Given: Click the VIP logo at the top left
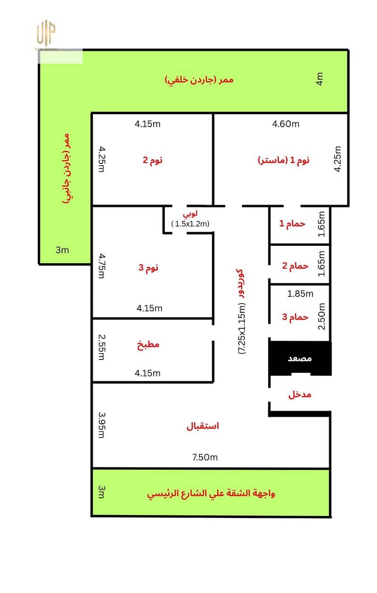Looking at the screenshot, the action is click(x=46, y=33).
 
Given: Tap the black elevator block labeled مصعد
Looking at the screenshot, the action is click(x=300, y=358).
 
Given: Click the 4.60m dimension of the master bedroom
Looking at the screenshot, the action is click(x=286, y=124).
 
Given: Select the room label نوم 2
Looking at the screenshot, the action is click(x=153, y=160).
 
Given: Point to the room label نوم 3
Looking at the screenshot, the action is click(x=148, y=267).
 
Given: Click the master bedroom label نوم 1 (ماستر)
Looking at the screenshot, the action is click(x=283, y=160).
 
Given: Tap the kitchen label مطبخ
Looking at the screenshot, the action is click(x=148, y=344).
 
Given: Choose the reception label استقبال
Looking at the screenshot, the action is click(x=203, y=426).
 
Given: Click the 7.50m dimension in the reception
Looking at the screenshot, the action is click(x=205, y=457).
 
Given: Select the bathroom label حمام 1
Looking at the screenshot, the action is click(x=292, y=224).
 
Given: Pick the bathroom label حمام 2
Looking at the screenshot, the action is click(x=295, y=266).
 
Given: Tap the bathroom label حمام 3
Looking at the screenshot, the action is click(x=295, y=317).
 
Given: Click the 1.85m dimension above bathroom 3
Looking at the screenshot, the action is click(x=300, y=294).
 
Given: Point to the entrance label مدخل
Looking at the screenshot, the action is click(x=300, y=395).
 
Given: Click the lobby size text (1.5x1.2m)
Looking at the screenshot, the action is click(x=190, y=224).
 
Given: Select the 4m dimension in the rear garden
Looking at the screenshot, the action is click(x=320, y=79).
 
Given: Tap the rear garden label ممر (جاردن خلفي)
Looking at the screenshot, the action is click(x=199, y=80).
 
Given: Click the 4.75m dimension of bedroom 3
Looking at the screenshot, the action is click(x=102, y=266).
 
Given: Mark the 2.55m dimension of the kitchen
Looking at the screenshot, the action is click(x=102, y=347).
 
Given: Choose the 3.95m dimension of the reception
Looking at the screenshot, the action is click(x=102, y=425).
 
